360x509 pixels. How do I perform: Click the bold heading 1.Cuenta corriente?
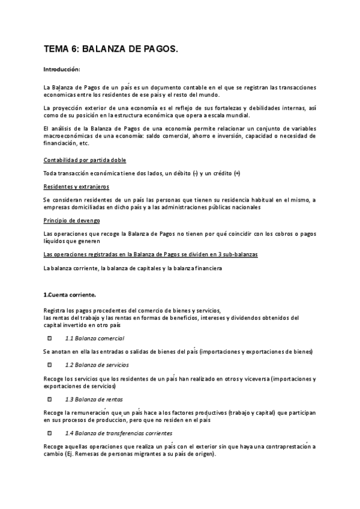click(x=70, y=295)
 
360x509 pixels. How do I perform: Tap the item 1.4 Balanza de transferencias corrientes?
click(x=118, y=433)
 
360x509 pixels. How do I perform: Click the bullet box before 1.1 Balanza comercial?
click(x=50, y=338)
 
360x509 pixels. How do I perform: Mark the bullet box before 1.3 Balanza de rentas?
click(x=50, y=399)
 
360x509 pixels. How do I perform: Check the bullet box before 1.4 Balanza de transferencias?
click(x=50, y=433)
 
